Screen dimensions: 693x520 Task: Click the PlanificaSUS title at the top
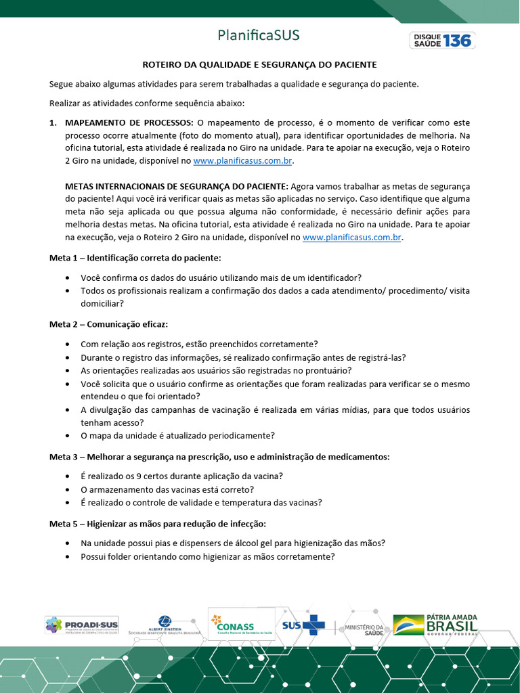click(x=259, y=35)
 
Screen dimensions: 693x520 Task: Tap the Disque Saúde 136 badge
click(x=442, y=40)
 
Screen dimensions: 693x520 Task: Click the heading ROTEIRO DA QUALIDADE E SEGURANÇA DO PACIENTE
click(x=259, y=65)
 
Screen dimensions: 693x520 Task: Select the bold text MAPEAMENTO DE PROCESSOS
click(x=129, y=122)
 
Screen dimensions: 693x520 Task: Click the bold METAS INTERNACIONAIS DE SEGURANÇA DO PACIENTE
click(x=176, y=186)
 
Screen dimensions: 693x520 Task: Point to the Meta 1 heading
click(x=135, y=258)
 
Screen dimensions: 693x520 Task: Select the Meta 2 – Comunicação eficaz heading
click(x=108, y=324)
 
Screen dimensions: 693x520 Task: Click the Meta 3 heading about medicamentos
click(x=219, y=457)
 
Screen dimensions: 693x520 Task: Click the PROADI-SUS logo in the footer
click(x=82, y=625)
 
